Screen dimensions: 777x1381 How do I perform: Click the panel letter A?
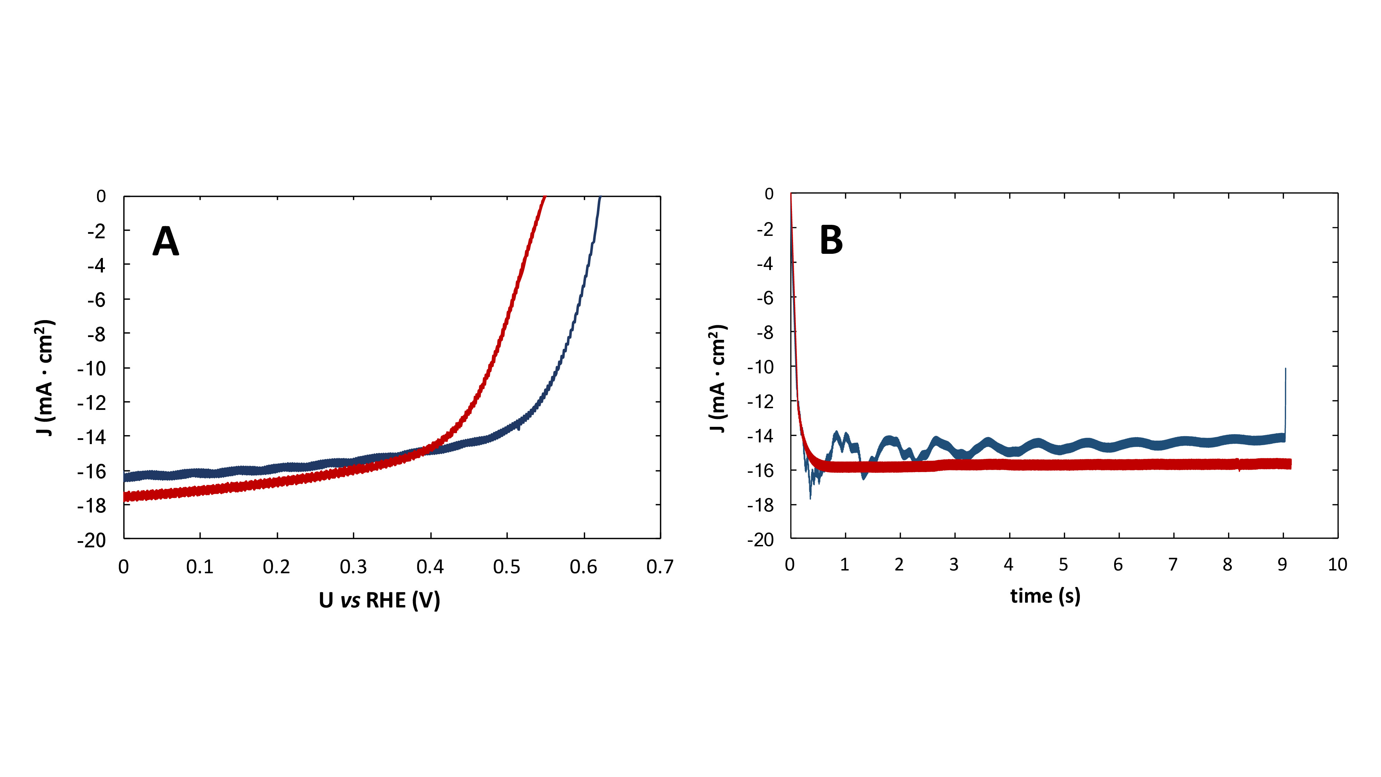click(166, 241)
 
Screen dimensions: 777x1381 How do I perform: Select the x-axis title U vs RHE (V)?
click(379, 600)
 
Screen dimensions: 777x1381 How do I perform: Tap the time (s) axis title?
click(1045, 596)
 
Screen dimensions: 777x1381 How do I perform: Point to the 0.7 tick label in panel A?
click(659, 567)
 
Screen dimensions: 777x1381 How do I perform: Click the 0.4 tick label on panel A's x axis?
click(430, 567)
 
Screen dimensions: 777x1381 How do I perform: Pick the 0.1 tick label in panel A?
click(200, 567)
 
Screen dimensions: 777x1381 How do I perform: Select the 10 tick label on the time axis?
click(1337, 565)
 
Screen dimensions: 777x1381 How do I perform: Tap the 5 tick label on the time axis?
click(1063, 565)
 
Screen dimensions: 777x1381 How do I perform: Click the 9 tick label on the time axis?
click(1282, 565)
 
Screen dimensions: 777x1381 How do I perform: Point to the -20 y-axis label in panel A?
click(92, 540)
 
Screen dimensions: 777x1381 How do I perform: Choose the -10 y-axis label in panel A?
click(92, 368)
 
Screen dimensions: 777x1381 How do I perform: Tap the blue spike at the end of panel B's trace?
click(1285, 397)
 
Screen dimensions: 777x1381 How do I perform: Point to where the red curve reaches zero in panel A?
click(544, 197)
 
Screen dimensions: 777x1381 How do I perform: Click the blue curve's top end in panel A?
click(600, 197)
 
